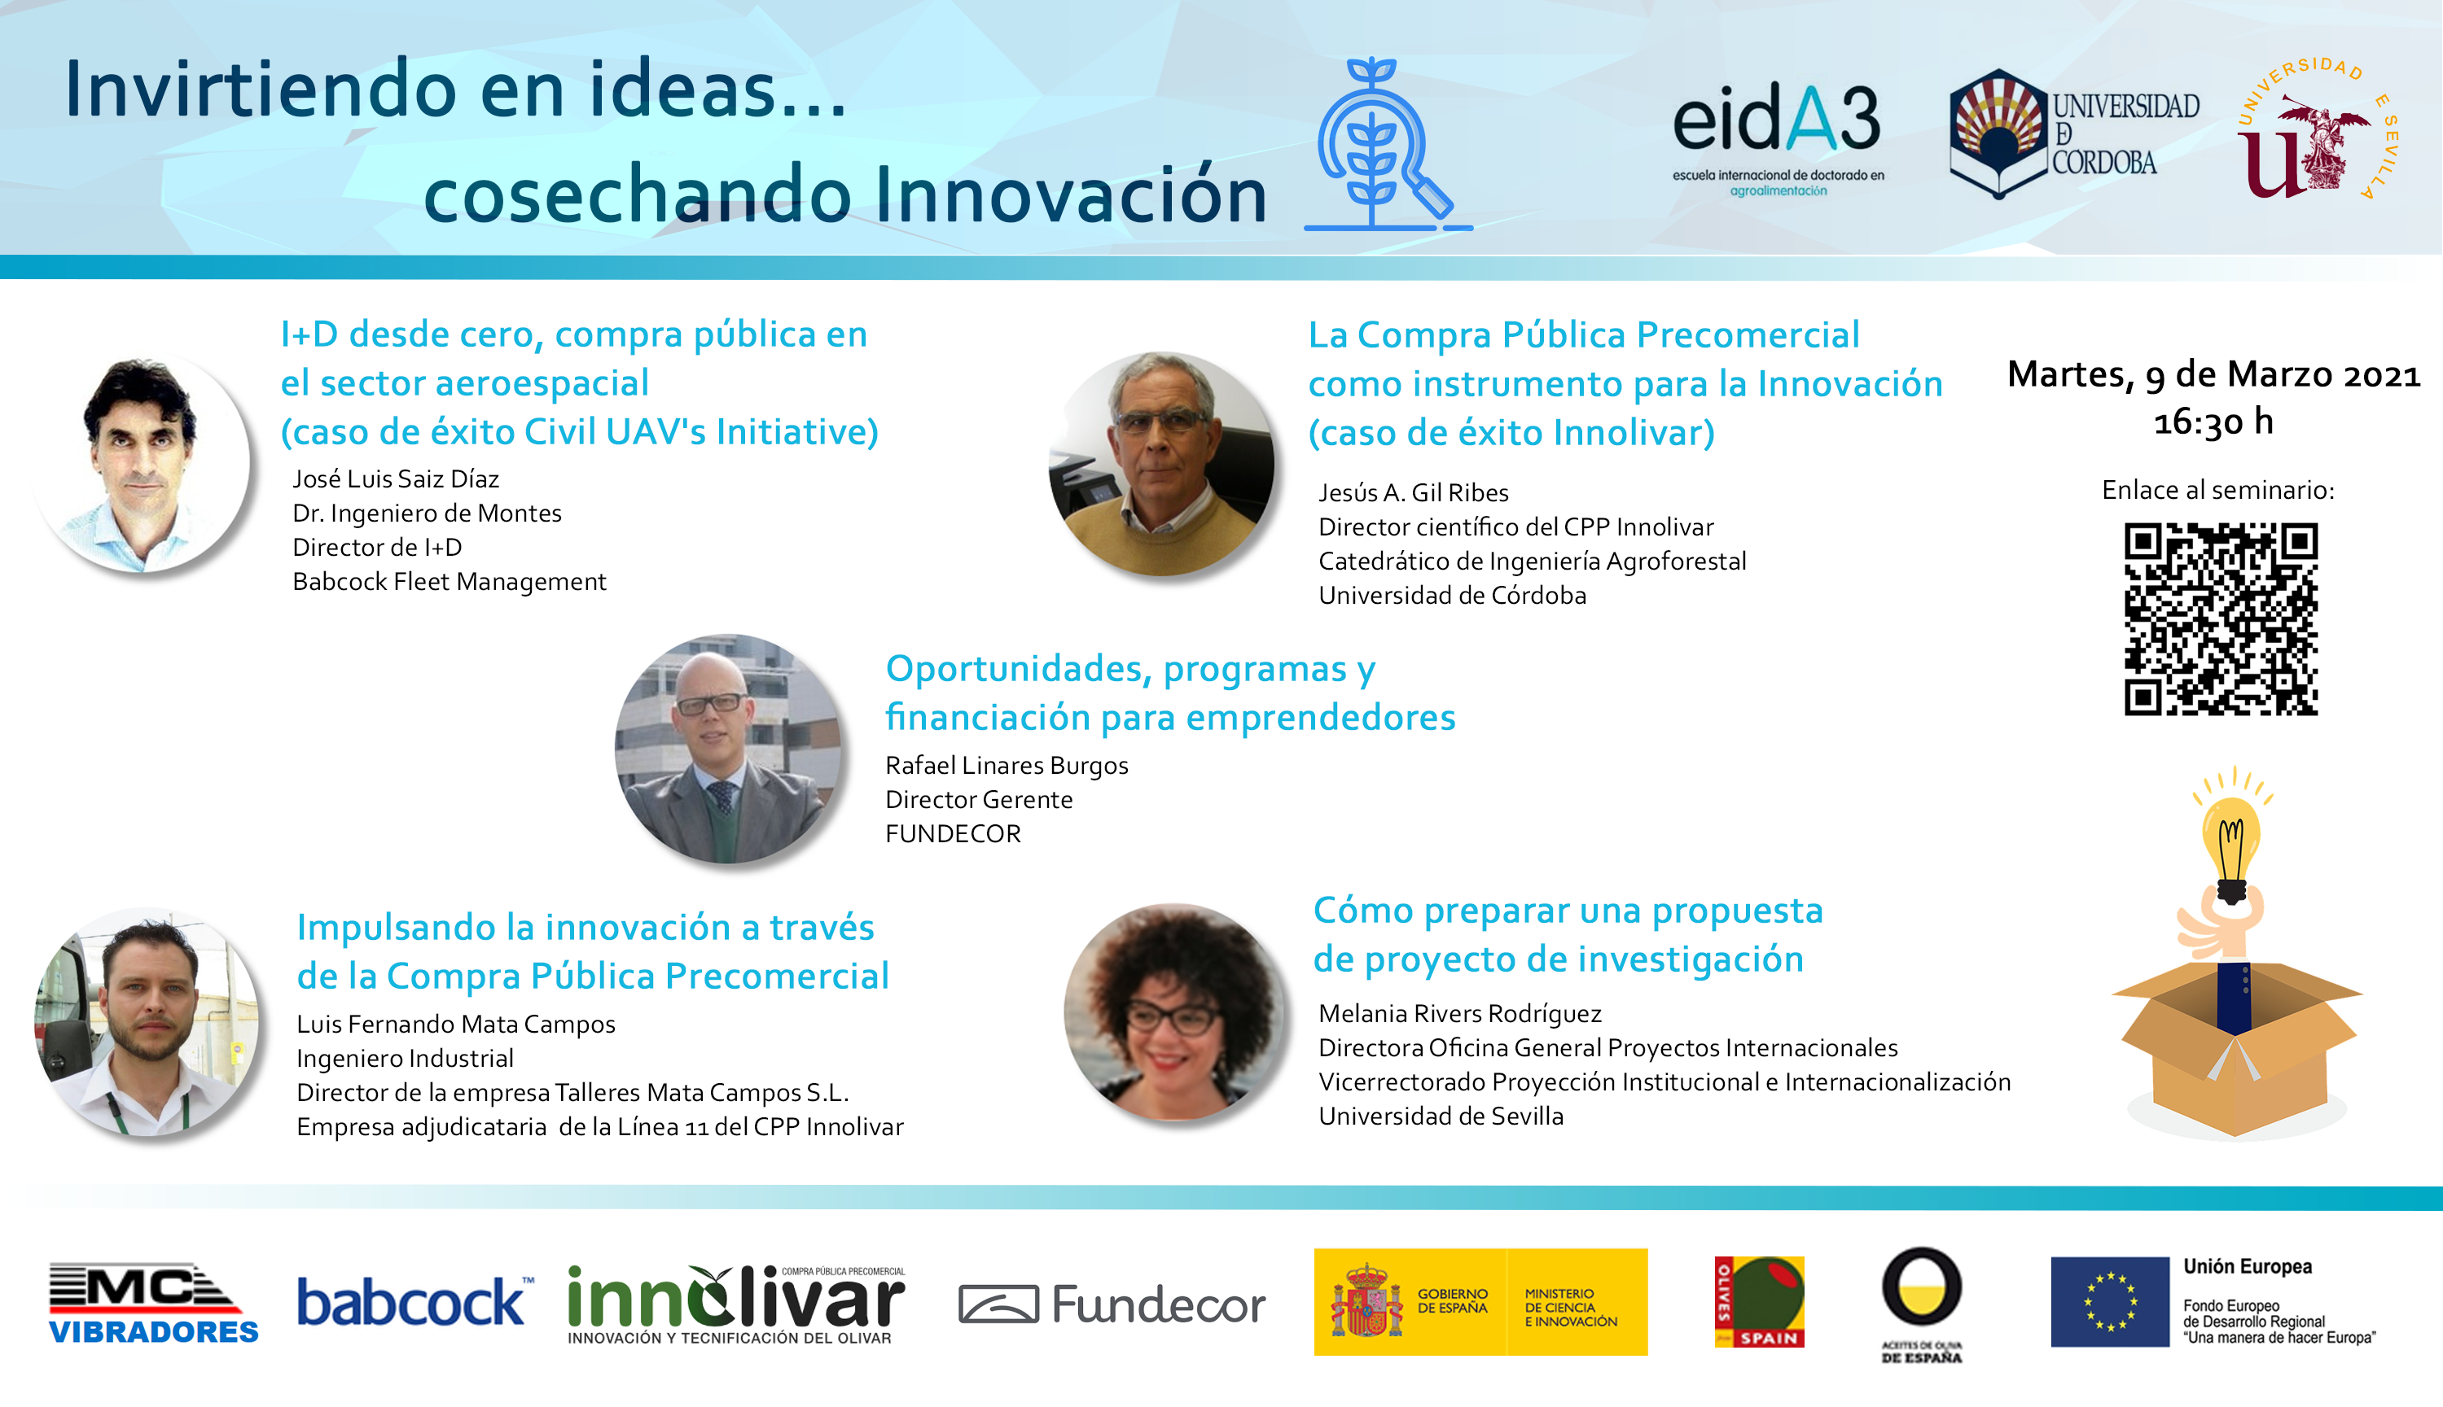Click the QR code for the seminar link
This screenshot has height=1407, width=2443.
(x=2221, y=618)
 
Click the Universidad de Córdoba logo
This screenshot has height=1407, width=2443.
(x=2072, y=133)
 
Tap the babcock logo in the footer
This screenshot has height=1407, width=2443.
(x=414, y=1302)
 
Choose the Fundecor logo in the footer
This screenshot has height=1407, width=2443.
(x=1112, y=1304)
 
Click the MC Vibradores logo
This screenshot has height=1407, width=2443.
(x=153, y=1303)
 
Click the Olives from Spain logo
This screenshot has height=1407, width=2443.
(x=1758, y=1302)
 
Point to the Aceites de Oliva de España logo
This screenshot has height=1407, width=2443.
(x=1921, y=1304)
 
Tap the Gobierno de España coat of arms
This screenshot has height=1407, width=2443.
(x=1366, y=1300)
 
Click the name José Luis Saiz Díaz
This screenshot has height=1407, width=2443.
(x=396, y=479)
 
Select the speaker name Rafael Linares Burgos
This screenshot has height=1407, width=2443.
(x=1007, y=765)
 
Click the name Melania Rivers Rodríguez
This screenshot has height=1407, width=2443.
(x=1460, y=1014)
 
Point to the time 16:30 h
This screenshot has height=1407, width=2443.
(x=2213, y=422)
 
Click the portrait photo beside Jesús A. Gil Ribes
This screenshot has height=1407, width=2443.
(x=1161, y=464)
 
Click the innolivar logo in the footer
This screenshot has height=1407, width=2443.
(x=735, y=1304)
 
